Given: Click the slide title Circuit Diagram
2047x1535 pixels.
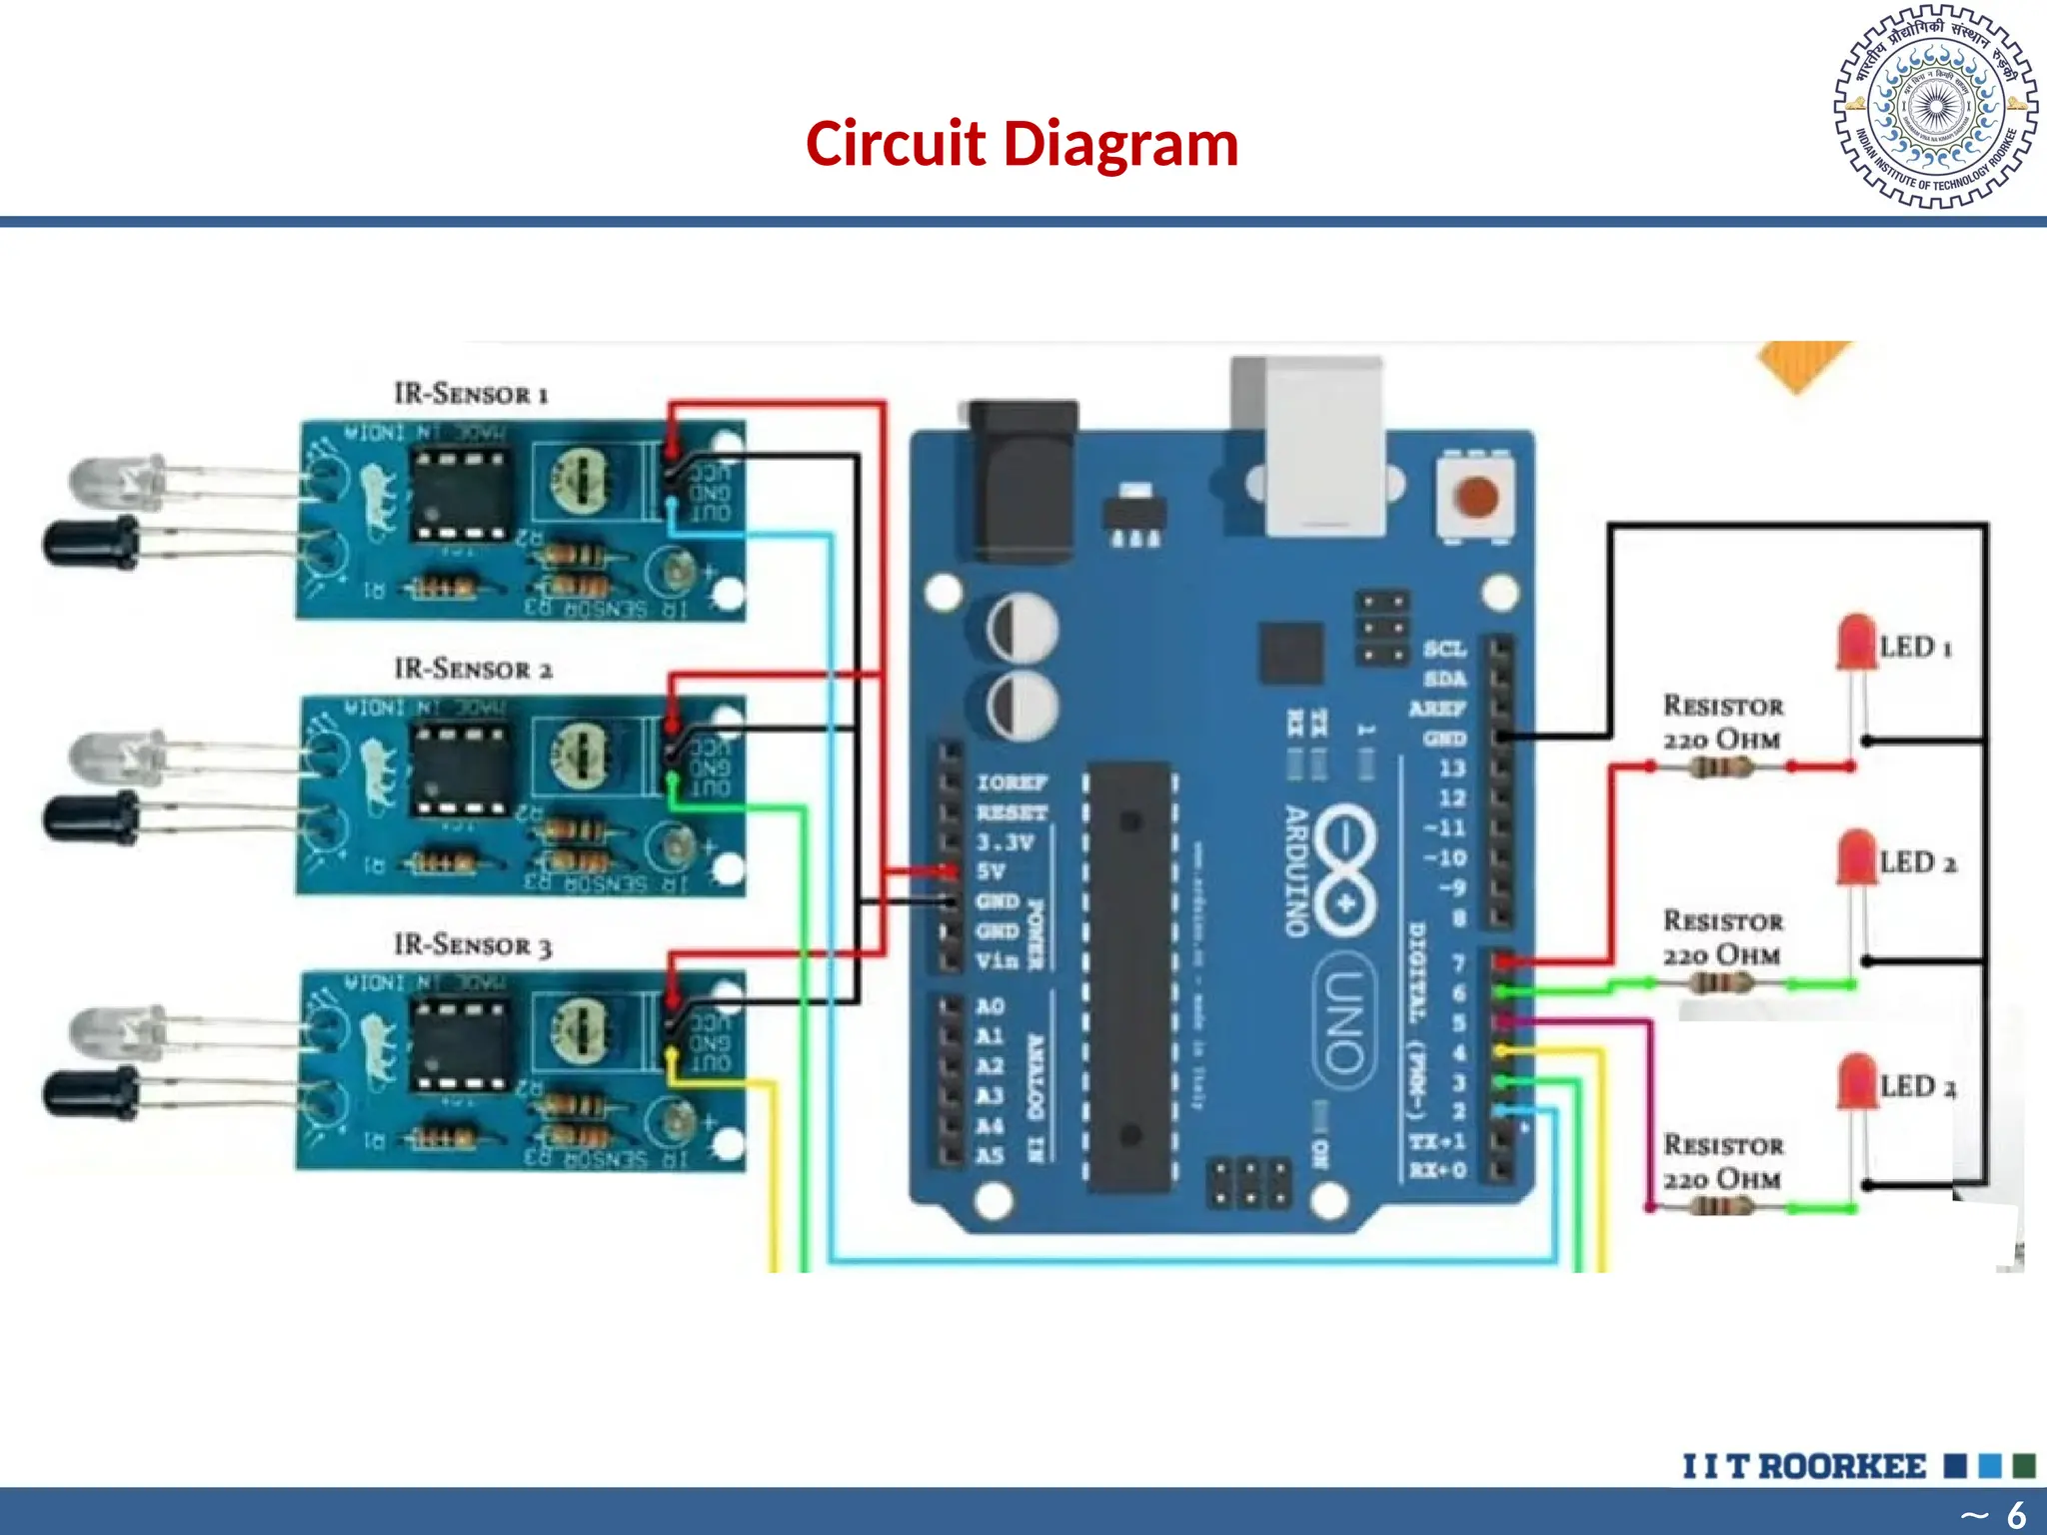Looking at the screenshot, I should [x=1022, y=144].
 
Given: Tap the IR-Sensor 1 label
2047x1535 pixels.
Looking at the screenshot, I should [x=471, y=394].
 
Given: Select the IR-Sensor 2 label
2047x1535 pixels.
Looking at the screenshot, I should [x=473, y=669].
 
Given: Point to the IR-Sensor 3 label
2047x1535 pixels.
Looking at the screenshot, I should [x=472, y=944].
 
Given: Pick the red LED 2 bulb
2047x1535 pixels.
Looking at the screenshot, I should [x=1856, y=858].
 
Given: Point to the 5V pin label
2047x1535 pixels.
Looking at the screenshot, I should [x=992, y=871].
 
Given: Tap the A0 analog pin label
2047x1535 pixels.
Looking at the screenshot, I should [x=990, y=1006].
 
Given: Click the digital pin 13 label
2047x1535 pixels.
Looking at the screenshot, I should [x=1451, y=768].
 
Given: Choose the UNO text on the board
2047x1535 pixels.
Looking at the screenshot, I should [x=1343, y=1026].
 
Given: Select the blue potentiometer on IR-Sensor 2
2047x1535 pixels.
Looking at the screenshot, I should [x=580, y=754].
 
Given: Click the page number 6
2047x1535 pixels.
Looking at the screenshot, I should [x=2016, y=1514].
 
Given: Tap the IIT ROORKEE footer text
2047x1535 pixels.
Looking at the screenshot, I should [x=1803, y=1466].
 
